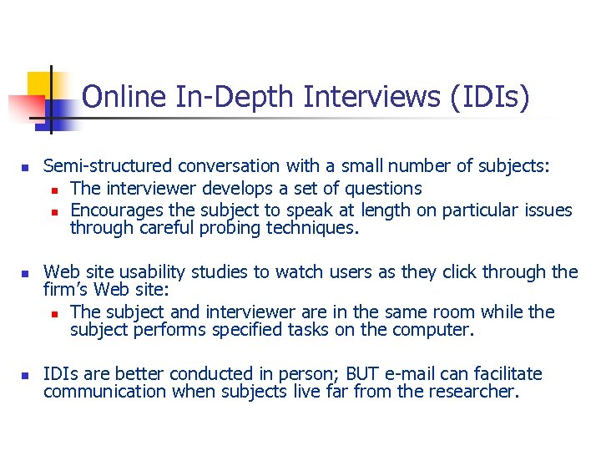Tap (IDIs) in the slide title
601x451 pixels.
(x=489, y=98)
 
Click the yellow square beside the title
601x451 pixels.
(x=42, y=84)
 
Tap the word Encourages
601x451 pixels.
(x=118, y=210)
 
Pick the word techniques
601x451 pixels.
(x=311, y=227)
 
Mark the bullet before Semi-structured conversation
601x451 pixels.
(x=25, y=167)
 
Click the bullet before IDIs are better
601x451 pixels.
(x=25, y=374)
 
